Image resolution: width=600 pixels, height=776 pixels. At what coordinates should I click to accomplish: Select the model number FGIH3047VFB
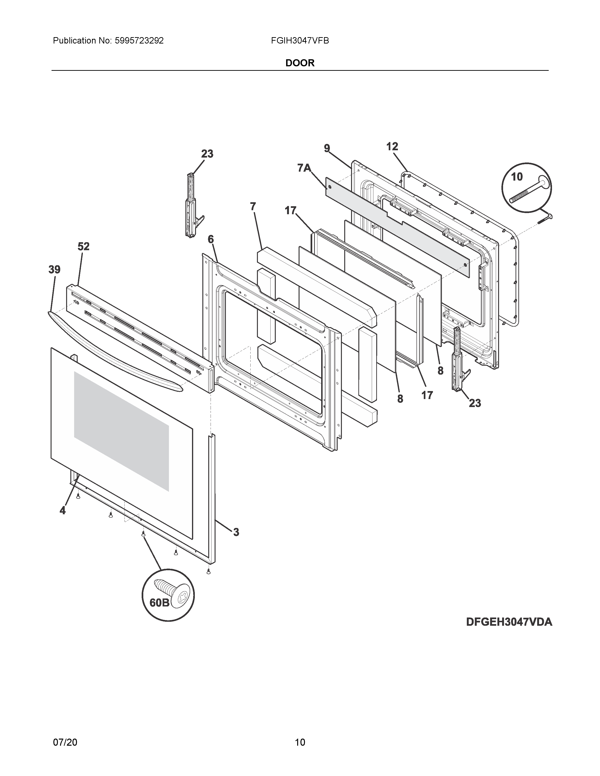300,41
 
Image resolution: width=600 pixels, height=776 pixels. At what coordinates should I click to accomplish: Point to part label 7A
304,168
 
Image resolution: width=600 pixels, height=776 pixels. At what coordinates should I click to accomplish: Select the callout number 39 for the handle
54,270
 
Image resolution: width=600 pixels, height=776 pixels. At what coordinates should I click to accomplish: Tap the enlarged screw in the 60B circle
173,592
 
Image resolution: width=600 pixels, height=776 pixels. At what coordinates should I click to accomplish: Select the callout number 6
211,239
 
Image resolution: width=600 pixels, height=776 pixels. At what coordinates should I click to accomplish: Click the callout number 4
63,511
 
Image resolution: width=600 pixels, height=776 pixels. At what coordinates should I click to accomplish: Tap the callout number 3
236,542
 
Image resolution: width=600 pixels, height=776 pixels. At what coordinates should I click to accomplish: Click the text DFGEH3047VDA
509,622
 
